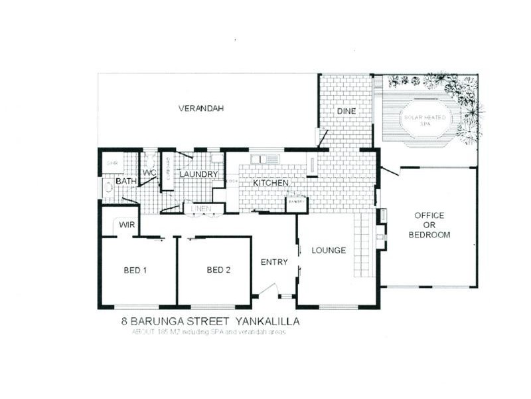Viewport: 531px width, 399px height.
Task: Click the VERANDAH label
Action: [200, 108]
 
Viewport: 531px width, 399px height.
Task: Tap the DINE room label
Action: [346, 111]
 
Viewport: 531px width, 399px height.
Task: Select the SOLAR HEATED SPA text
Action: [426, 120]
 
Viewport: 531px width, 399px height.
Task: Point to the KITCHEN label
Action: [269, 183]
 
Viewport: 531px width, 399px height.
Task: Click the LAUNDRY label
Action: [198, 174]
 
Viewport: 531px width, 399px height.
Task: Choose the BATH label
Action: [125, 181]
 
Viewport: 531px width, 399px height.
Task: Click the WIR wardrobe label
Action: [127, 225]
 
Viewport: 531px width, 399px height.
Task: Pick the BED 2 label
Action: [218, 270]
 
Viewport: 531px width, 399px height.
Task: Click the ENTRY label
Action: [273, 262]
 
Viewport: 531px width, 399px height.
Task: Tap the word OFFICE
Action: [429, 215]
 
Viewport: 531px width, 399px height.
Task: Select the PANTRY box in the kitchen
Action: [295, 202]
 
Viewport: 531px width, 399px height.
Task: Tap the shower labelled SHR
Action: [112, 162]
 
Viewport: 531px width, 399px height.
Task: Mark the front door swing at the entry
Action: [268, 290]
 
